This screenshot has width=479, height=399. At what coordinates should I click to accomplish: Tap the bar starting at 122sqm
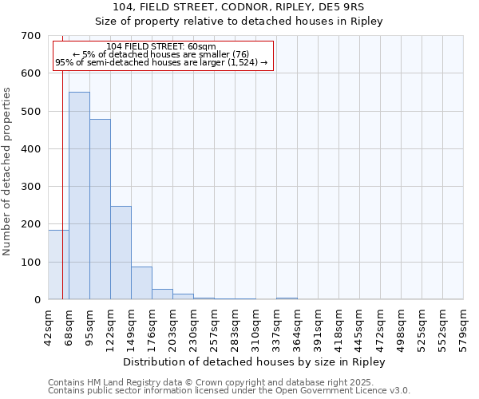click(121, 252)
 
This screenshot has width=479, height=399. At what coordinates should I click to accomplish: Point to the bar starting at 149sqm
click(141, 283)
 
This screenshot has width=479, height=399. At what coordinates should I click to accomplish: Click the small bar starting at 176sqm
click(162, 294)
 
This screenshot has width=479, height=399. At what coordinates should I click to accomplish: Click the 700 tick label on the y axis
click(31, 36)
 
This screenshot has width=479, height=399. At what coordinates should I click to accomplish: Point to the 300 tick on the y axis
click(31, 187)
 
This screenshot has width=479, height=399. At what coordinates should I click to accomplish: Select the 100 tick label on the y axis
click(31, 263)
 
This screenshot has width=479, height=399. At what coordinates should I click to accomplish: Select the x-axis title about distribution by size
click(255, 362)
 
